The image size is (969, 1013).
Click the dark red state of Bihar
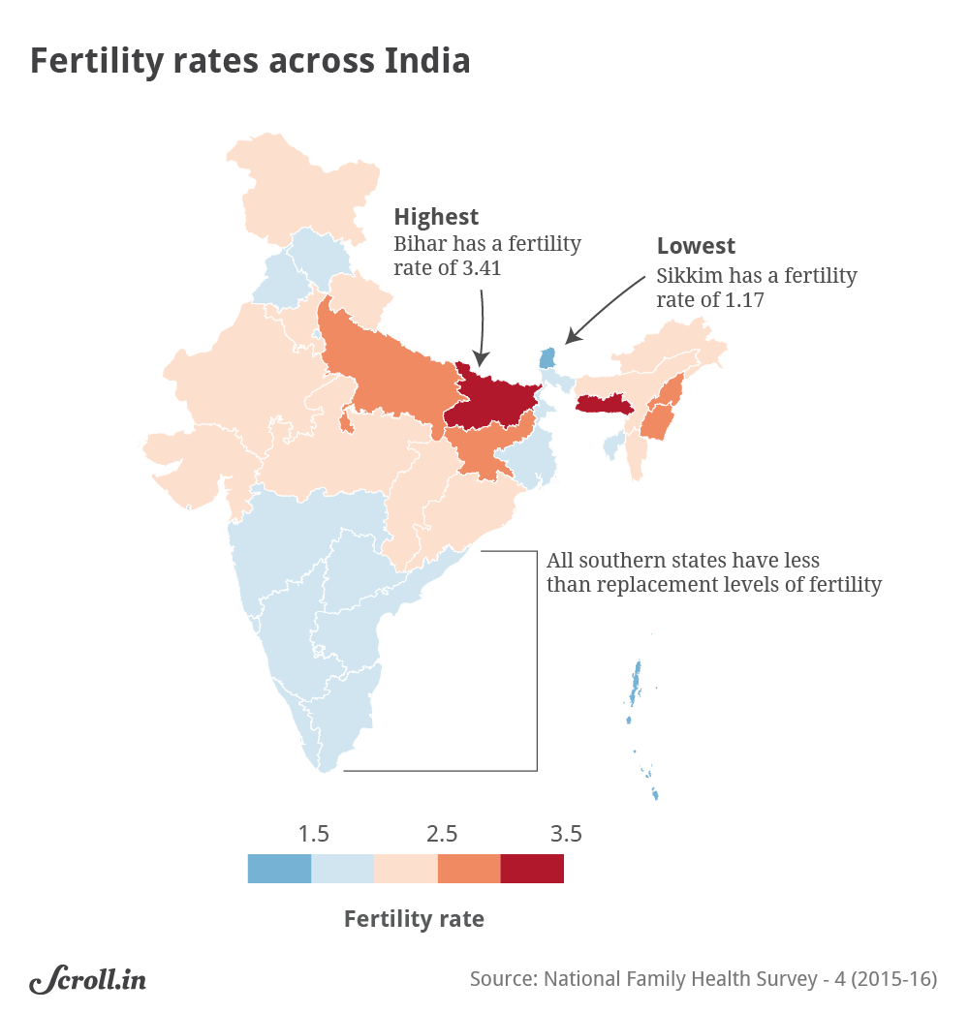[494, 400]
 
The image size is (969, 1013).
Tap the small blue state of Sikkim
[547, 358]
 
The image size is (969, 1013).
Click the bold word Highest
[436, 216]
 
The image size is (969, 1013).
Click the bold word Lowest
[696, 246]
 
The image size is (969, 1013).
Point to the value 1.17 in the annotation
[743, 300]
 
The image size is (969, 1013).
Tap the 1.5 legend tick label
[313, 834]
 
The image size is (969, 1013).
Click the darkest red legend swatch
[532, 869]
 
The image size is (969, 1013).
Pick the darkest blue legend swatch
[279, 869]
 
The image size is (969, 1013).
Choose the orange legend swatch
[469, 869]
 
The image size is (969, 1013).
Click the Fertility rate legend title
[414, 919]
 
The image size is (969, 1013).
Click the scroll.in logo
[87, 980]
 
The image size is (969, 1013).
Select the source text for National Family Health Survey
[703, 979]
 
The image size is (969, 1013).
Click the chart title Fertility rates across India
[250, 60]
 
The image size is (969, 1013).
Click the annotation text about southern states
[713, 572]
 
